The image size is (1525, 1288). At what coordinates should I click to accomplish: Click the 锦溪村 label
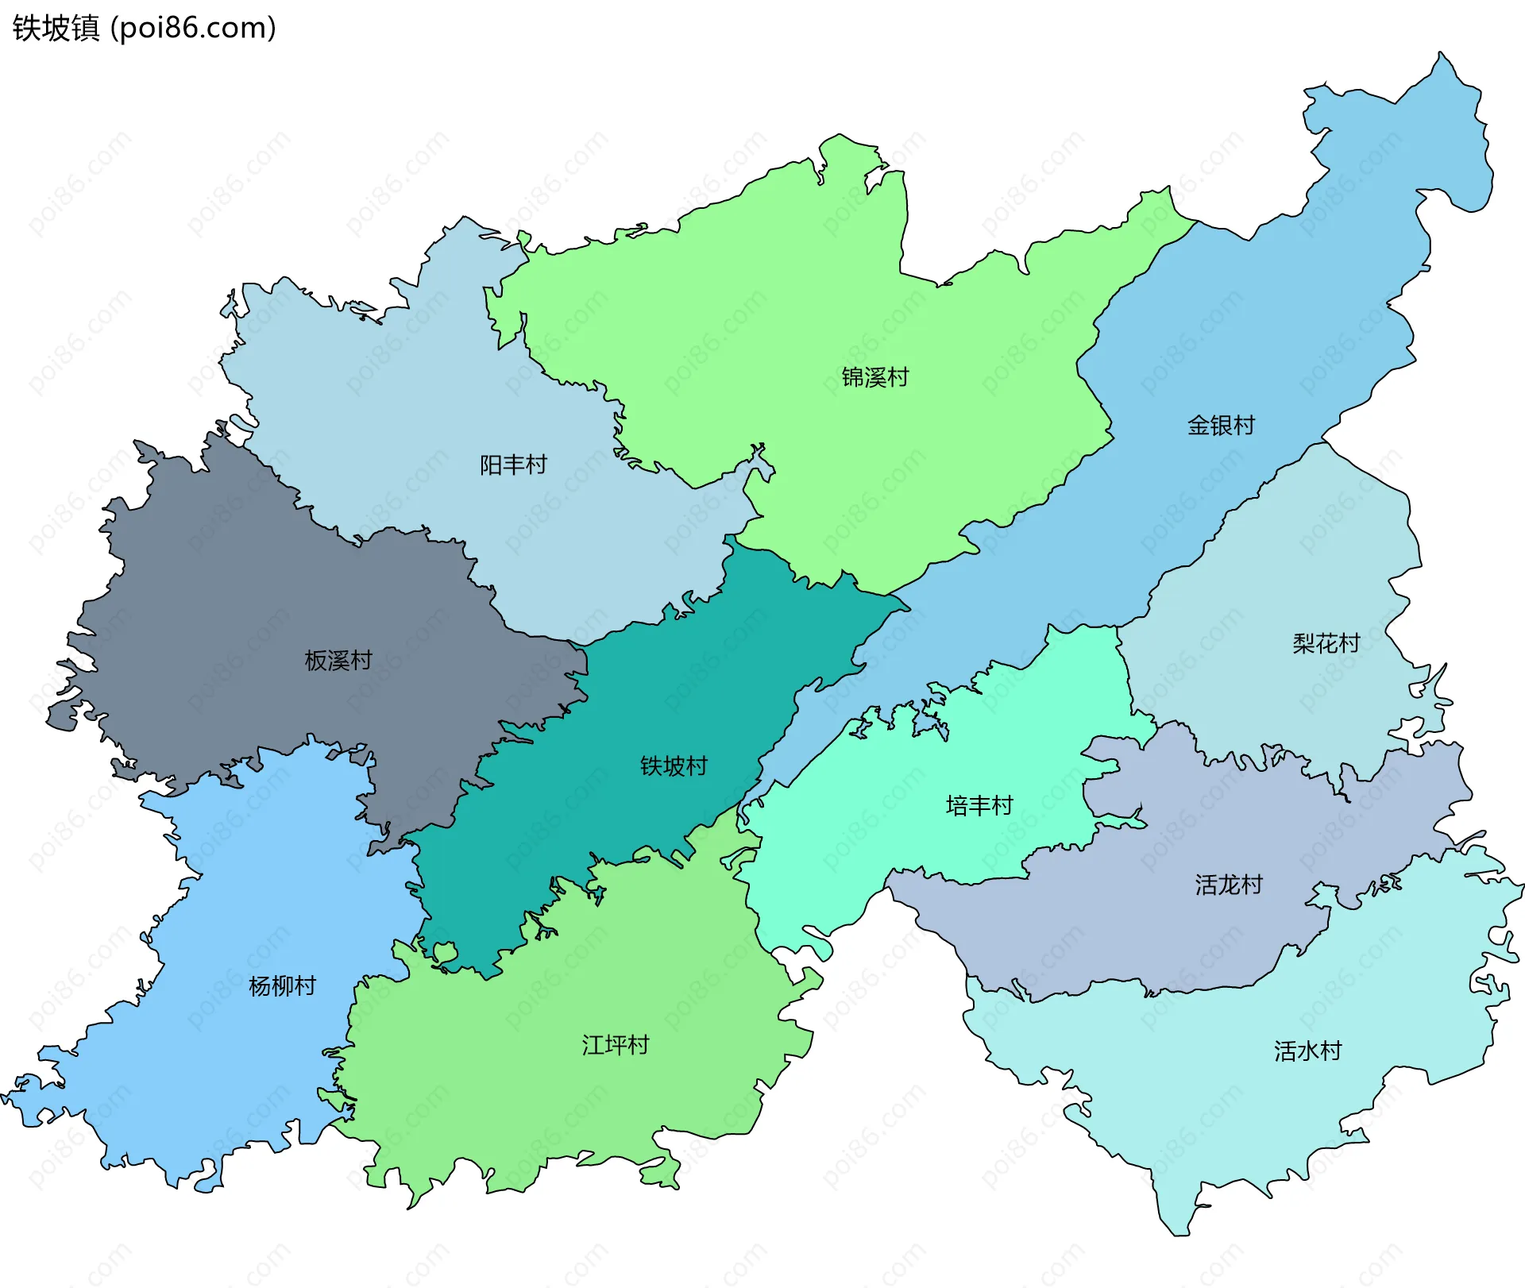tap(874, 377)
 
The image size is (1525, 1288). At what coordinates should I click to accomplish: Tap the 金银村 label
tap(1221, 426)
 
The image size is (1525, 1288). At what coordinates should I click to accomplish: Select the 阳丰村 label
tap(513, 465)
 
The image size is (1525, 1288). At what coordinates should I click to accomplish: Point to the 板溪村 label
tap(338, 660)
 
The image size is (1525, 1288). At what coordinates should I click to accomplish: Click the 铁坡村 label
tap(674, 766)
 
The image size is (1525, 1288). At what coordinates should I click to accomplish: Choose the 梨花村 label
tap(1326, 643)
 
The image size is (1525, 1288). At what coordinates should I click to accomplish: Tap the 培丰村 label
tap(979, 806)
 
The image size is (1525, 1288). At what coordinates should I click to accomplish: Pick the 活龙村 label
tap(1228, 885)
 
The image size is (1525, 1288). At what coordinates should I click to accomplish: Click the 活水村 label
tap(1307, 1051)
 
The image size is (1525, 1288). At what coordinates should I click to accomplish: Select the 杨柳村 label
tap(282, 986)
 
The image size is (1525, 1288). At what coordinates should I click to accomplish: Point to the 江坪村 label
tap(615, 1045)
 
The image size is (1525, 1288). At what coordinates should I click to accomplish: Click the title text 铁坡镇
tap(56, 28)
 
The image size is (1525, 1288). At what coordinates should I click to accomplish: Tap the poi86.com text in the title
tap(193, 28)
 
